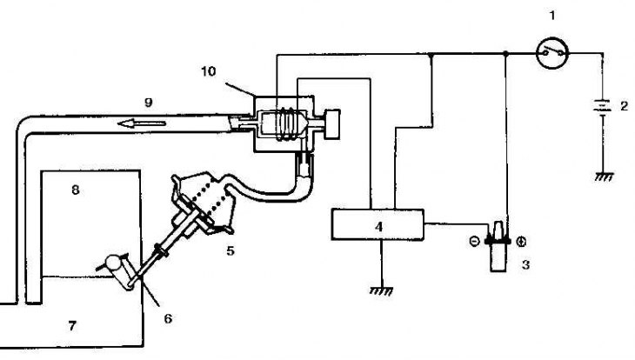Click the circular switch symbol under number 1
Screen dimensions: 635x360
(552, 53)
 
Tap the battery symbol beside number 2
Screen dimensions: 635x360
(603, 107)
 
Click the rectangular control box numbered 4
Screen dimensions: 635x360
(378, 224)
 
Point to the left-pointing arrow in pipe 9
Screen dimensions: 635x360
(141, 123)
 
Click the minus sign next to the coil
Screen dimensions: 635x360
(474, 242)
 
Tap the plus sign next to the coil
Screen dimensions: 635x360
(522, 242)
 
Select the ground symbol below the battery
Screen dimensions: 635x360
(605, 177)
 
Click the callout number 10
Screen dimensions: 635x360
(209, 71)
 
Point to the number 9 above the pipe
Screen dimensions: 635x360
(149, 103)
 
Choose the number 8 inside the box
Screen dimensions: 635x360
(76, 190)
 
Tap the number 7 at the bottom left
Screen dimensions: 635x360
(72, 325)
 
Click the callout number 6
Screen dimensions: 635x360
(168, 318)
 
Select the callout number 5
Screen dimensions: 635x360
(230, 251)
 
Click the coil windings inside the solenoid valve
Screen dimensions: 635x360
(285, 124)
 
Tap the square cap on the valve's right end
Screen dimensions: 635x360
(332, 124)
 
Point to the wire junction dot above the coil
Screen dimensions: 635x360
(505, 53)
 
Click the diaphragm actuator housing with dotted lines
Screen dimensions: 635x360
(204, 203)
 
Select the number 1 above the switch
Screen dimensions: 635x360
(552, 16)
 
